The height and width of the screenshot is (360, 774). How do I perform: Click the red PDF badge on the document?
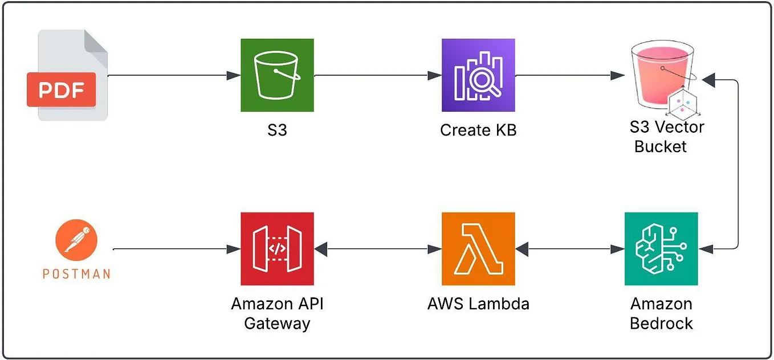click(61, 90)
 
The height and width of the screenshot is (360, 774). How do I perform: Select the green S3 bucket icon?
click(277, 75)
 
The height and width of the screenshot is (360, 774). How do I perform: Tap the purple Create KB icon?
click(478, 75)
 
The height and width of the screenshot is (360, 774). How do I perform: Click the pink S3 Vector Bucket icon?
click(661, 77)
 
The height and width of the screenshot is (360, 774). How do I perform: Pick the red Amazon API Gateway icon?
click(277, 249)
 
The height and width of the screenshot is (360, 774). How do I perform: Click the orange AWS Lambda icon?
click(478, 249)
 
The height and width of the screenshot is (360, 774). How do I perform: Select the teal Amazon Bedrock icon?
click(661, 249)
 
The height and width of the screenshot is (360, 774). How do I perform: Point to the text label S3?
click(277, 130)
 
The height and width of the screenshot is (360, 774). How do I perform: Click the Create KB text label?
click(478, 130)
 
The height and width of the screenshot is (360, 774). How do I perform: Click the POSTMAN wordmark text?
click(76, 274)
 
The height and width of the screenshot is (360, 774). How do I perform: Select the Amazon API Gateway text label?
click(277, 313)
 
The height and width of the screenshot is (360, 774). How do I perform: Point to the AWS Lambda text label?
click(478, 304)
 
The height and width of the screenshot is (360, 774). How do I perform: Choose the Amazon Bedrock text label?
click(661, 313)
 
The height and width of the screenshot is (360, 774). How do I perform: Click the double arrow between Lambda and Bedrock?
click(570, 249)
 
